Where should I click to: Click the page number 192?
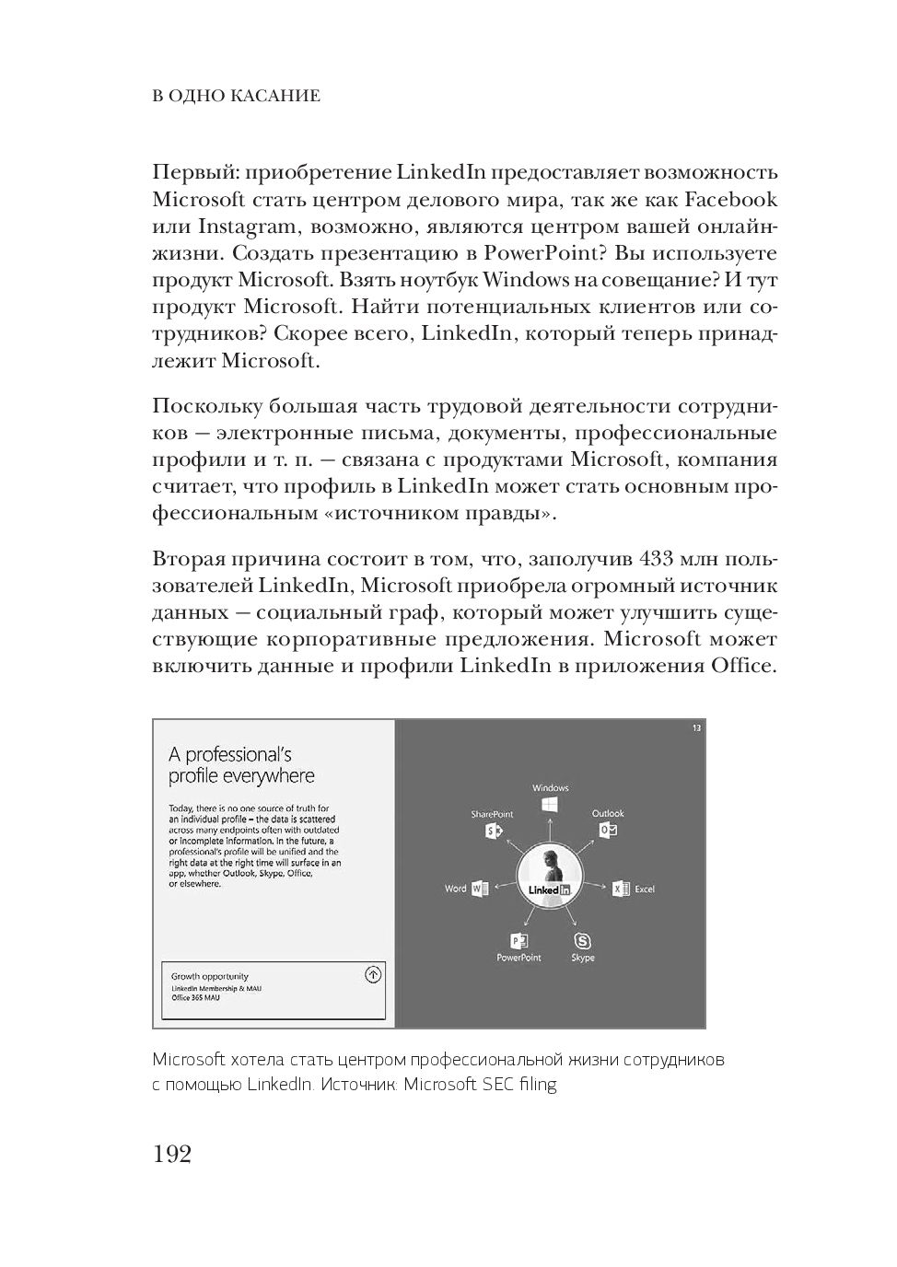coord(172,1154)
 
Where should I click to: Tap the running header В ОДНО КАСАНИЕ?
coord(236,96)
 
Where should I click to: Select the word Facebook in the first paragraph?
coord(732,200)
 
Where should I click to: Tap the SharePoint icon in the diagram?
coord(493,831)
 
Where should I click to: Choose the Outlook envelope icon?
coord(608,831)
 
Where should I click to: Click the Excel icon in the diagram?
coord(622,889)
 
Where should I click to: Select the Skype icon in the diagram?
coord(582,940)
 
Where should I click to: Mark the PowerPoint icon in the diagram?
coord(518,940)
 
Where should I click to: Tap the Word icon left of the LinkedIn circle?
coord(479,889)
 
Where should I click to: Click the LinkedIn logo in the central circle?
coord(550,890)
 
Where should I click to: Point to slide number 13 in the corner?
coord(696,728)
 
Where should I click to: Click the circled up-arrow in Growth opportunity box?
coord(373,974)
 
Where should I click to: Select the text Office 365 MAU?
coord(196,997)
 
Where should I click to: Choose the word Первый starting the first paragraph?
coord(191,173)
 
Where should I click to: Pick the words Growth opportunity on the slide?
coord(210,977)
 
